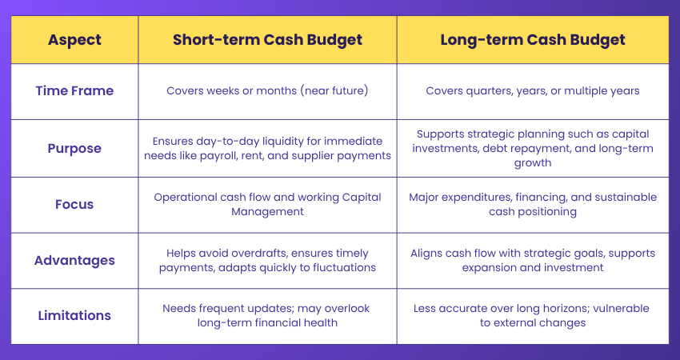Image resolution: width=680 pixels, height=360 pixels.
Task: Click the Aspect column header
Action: tap(74, 40)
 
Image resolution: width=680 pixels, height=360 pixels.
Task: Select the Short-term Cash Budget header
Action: tap(267, 40)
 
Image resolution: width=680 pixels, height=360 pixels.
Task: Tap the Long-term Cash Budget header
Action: tap(532, 40)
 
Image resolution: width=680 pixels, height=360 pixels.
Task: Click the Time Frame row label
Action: tap(74, 91)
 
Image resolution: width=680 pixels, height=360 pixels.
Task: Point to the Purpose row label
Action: tap(74, 149)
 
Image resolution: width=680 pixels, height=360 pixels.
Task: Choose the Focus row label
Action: tap(74, 205)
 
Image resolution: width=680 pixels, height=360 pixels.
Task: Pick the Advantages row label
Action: tap(74, 261)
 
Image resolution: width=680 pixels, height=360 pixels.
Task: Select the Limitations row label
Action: tap(74, 316)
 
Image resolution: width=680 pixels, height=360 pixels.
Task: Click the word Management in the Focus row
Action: tap(267, 212)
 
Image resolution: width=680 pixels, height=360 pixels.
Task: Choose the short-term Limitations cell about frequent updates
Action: tap(267, 316)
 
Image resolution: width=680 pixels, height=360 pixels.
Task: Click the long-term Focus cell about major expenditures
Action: tap(532, 205)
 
